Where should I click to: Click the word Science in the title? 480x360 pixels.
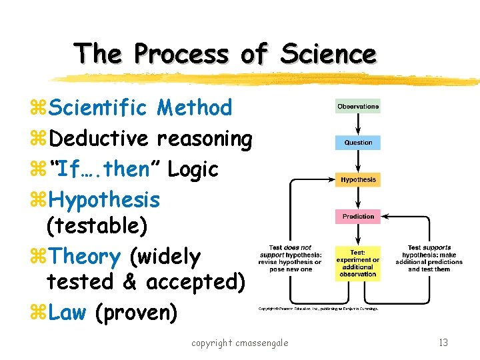tap(328, 53)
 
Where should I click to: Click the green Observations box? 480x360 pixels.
tap(358, 107)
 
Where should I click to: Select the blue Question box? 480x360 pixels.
tap(358, 143)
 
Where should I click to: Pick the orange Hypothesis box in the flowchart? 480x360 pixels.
tap(358, 180)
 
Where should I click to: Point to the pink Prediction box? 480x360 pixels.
tap(358, 217)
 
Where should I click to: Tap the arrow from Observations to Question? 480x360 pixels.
tap(358, 125)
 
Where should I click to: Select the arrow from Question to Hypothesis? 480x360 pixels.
tap(358, 161)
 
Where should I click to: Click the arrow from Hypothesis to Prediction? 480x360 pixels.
tap(358, 198)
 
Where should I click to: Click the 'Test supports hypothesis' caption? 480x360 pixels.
tap(428, 258)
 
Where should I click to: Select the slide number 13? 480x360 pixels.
tap(443, 343)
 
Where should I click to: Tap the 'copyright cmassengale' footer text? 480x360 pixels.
tap(239, 343)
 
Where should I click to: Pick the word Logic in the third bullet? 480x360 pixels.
tap(193, 169)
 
